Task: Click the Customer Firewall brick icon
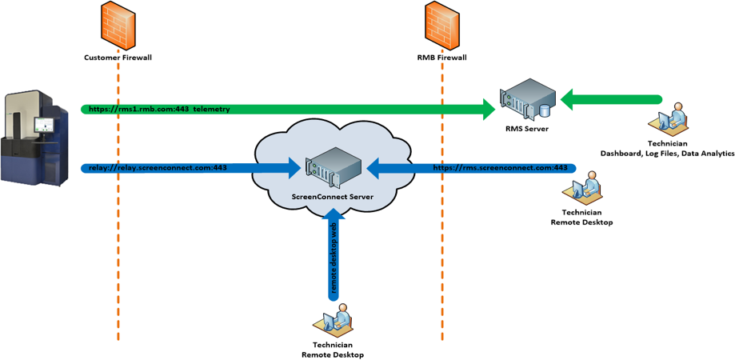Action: [x=118, y=25]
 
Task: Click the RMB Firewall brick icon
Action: [x=441, y=25]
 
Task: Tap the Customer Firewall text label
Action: [x=118, y=58]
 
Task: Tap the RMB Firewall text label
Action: [x=441, y=58]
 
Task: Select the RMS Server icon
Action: [x=525, y=99]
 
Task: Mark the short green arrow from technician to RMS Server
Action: [x=612, y=100]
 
